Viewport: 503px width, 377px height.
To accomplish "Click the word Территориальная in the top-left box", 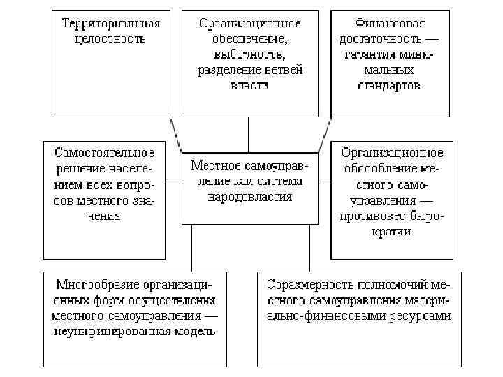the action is [x=111, y=23].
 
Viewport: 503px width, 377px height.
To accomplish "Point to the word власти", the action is [x=249, y=85].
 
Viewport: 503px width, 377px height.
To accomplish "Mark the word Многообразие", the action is [x=96, y=285].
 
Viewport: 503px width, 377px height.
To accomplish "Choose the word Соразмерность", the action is [x=305, y=285].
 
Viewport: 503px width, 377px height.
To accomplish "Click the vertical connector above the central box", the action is [x=249, y=134].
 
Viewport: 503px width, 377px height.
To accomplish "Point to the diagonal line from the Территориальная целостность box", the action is [x=177, y=133].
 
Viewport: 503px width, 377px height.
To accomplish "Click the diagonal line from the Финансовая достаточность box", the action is [x=323, y=133].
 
